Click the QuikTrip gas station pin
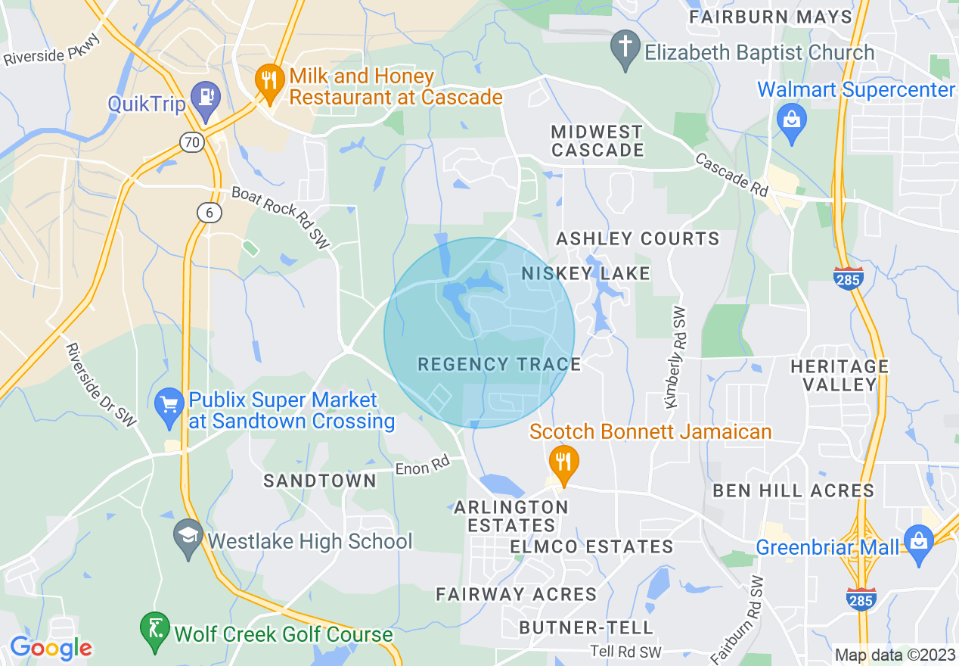pos(204,98)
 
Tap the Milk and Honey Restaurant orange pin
pos(268,80)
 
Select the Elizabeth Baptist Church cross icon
pos(625,48)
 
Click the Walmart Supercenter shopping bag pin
pos(792,121)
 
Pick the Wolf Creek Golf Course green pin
pos(154,630)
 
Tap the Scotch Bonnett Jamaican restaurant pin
pos(563,462)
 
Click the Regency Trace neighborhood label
pos(499,365)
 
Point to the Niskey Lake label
pos(586,273)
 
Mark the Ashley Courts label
pos(638,239)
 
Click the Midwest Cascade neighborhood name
pos(597,141)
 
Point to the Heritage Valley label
pos(840,375)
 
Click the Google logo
pos(51,648)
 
